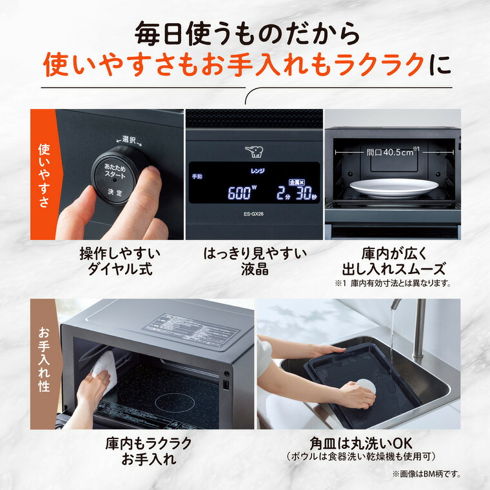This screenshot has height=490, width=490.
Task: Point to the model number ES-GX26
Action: tap(253, 214)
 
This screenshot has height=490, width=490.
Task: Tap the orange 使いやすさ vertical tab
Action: tap(44, 175)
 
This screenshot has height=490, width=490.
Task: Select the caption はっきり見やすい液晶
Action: tap(253, 260)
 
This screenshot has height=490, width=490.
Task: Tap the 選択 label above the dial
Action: tap(127, 139)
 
